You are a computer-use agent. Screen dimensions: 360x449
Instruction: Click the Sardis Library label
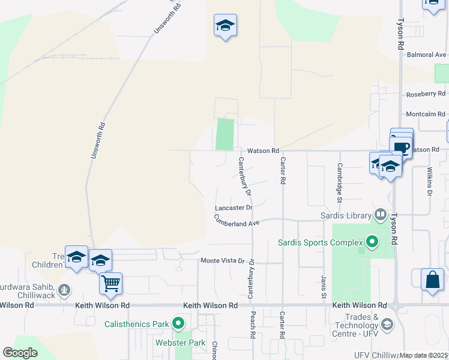(346, 215)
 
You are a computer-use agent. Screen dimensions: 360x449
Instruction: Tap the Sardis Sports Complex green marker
(372, 242)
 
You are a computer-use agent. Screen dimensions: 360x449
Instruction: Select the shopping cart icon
(111, 283)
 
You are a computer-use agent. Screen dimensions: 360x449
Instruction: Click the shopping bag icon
(432, 280)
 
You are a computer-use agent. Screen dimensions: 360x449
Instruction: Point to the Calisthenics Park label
(136, 324)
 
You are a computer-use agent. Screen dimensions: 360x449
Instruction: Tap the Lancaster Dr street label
(234, 208)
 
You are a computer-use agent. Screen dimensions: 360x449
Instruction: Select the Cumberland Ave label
(237, 222)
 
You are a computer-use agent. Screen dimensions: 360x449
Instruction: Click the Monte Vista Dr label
(223, 260)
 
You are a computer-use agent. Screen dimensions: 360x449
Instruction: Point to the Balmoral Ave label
(426, 55)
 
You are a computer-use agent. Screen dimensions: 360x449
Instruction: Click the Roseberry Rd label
(426, 94)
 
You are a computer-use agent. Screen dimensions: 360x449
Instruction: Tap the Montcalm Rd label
(426, 114)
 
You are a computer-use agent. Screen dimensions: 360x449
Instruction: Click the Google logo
(20, 352)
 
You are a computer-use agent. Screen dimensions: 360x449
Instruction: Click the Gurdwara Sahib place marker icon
(64, 291)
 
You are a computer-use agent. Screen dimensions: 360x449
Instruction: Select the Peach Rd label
(253, 326)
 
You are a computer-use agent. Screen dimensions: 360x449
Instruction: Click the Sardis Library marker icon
(380, 215)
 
